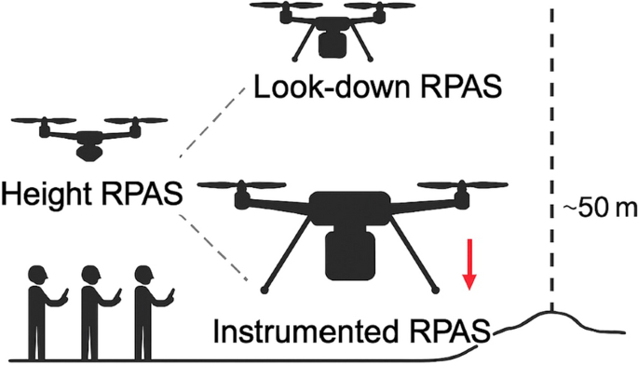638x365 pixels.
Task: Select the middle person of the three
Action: pyautogui.click(x=91, y=304)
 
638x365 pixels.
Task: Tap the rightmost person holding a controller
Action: pyautogui.click(x=143, y=304)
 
